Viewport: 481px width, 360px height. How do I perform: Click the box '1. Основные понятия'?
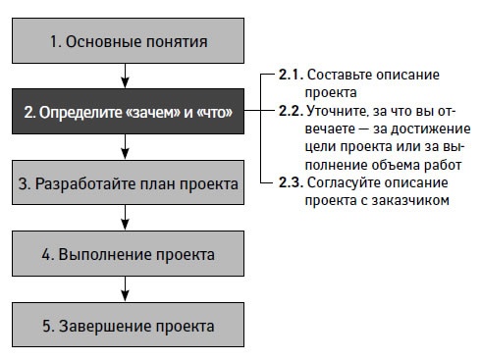(x=127, y=41)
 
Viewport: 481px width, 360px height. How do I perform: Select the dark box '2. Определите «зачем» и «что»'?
(x=127, y=114)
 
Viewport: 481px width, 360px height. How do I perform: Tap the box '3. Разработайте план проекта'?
(x=127, y=184)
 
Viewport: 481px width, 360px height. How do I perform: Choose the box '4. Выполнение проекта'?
(x=127, y=254)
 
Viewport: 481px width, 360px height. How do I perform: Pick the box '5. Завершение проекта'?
(x=127, y=325)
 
